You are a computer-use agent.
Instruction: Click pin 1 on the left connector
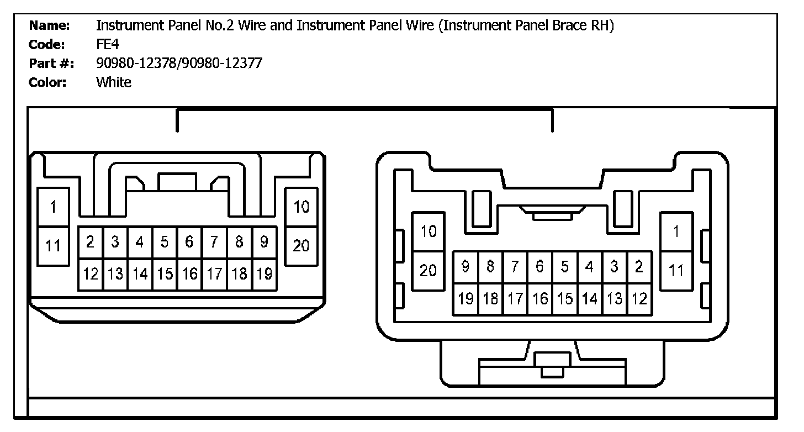click(53, 207)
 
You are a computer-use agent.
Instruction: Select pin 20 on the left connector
click(301, 246)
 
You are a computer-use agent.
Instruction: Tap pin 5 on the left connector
click(165, 242)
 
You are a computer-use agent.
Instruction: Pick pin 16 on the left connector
click(189, 273)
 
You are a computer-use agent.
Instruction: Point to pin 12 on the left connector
click(91, 273)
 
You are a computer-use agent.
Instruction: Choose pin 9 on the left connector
click(264, 242)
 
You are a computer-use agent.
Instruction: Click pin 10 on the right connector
click(429, 231)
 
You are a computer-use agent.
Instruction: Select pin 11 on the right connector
click(676, 271)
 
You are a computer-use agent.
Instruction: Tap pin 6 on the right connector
click(539, 267)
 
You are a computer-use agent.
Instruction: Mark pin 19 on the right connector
click(466, 299)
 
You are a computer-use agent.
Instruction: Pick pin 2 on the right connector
click(639, 267)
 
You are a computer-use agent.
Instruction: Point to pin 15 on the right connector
click(564, 299)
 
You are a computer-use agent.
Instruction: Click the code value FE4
click(107, 45)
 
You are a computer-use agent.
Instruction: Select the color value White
click(114, 83)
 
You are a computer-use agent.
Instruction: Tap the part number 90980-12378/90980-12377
click(179, 64)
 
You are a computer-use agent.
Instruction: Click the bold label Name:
click(50, 25)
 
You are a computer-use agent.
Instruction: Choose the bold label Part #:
click(49, 64)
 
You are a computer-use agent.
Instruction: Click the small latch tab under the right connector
click(552, 366)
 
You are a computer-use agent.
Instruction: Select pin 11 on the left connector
click(53, 246)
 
